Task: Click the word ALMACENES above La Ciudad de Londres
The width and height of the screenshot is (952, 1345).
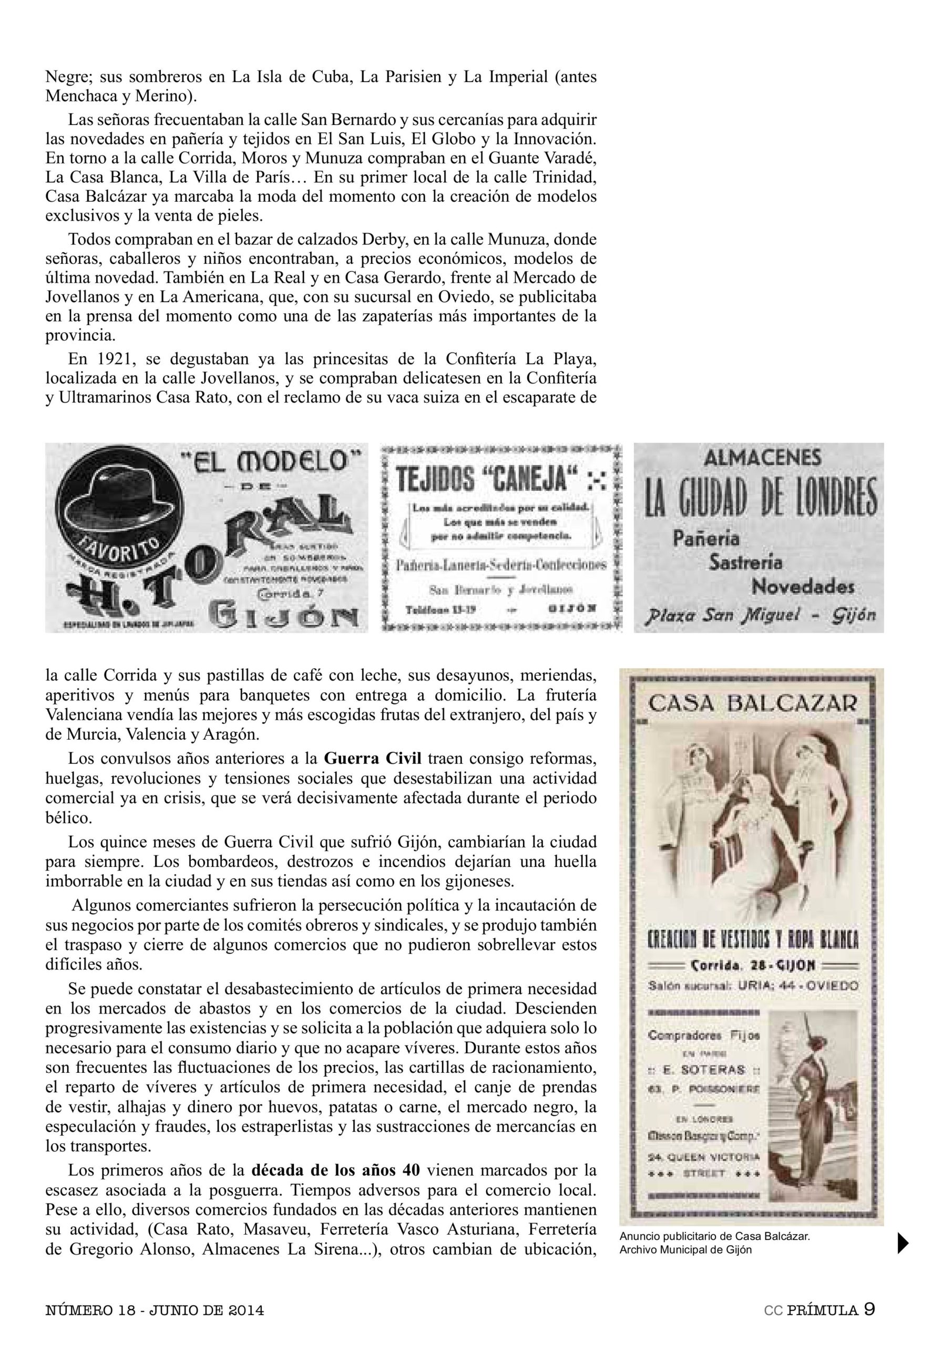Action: (x=762, y=458)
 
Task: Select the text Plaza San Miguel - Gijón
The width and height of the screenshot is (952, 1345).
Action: (x=760, y=615)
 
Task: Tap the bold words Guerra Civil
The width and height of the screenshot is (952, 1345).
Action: (x=373, y=758)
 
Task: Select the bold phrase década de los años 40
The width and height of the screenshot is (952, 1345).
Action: (x=336, y=1170)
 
